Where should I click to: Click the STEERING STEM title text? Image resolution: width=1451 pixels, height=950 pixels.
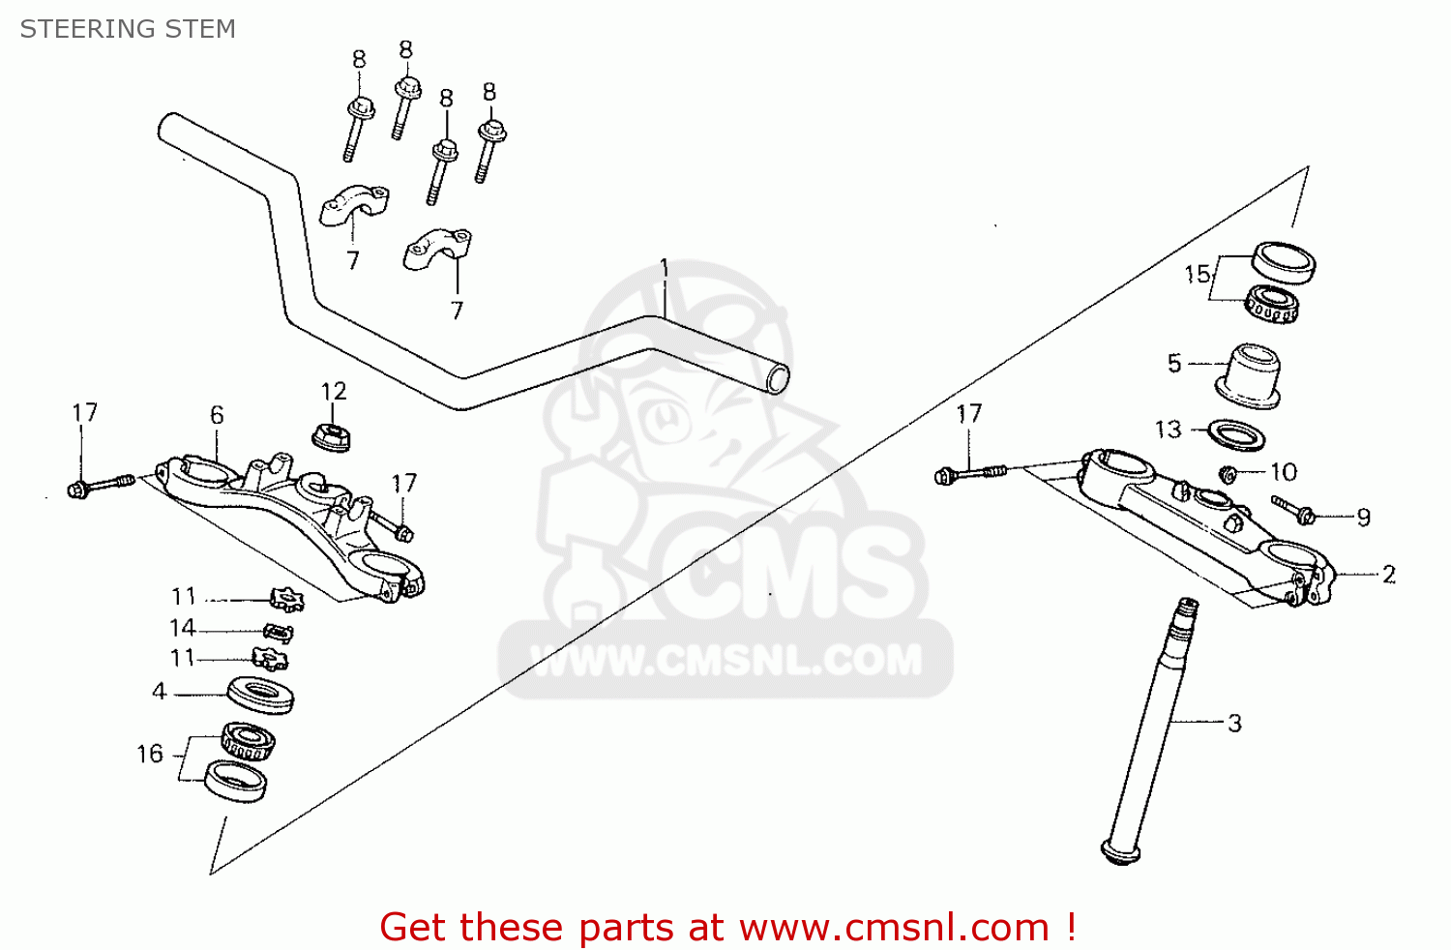[128, 29]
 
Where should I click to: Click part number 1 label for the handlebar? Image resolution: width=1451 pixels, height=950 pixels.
[665, 267]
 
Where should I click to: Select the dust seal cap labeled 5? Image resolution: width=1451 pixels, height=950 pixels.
[1249, 375]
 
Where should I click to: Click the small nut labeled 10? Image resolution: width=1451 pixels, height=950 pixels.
[1228, 474]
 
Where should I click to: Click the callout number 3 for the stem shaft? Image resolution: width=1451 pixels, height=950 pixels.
[1234, 723]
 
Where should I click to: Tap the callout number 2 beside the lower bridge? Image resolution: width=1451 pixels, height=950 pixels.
[1389, 575]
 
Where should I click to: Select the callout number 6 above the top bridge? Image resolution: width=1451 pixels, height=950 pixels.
[217, 415]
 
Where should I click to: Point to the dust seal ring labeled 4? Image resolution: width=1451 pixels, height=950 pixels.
[260, 695]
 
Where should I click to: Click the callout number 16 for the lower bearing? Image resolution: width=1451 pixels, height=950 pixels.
[150, 754]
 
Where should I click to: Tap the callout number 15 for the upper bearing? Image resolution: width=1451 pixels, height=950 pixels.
[1198, 274]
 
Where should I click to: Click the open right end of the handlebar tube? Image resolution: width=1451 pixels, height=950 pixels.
[777, 379]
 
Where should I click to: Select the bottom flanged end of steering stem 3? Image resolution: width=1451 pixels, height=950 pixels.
[1119, 852]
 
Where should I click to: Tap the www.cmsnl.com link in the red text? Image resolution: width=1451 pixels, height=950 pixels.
[894, 928]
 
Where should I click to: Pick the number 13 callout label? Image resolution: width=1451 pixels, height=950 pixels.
[1168, 429]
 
